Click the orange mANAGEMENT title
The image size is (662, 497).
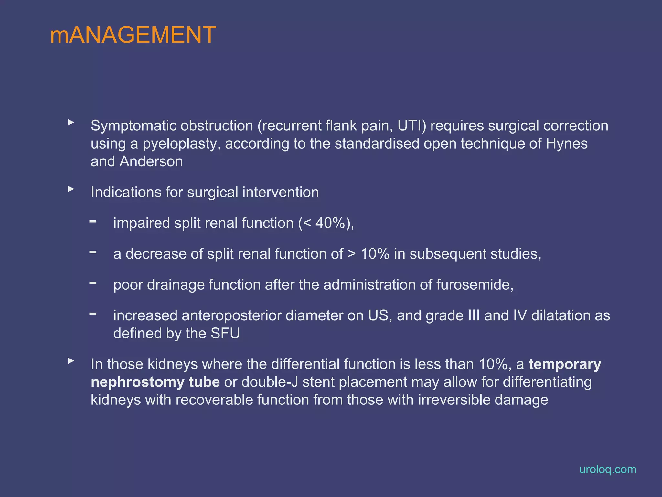coord(133,35)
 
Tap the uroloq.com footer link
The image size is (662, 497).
coord(607,469)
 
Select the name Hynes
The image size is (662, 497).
coord(566,144)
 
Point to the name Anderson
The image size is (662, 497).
coord(151,161)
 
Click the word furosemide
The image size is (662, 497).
coord(474,285)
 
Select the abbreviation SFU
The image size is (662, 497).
coord(225,333)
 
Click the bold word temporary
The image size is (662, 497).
coord(564,364)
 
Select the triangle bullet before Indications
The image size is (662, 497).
coord(71,189)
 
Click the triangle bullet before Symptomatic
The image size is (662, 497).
coord(71,122)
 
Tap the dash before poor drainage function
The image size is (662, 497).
coord(93,283)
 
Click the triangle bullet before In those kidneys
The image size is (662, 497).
coord(71,361)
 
